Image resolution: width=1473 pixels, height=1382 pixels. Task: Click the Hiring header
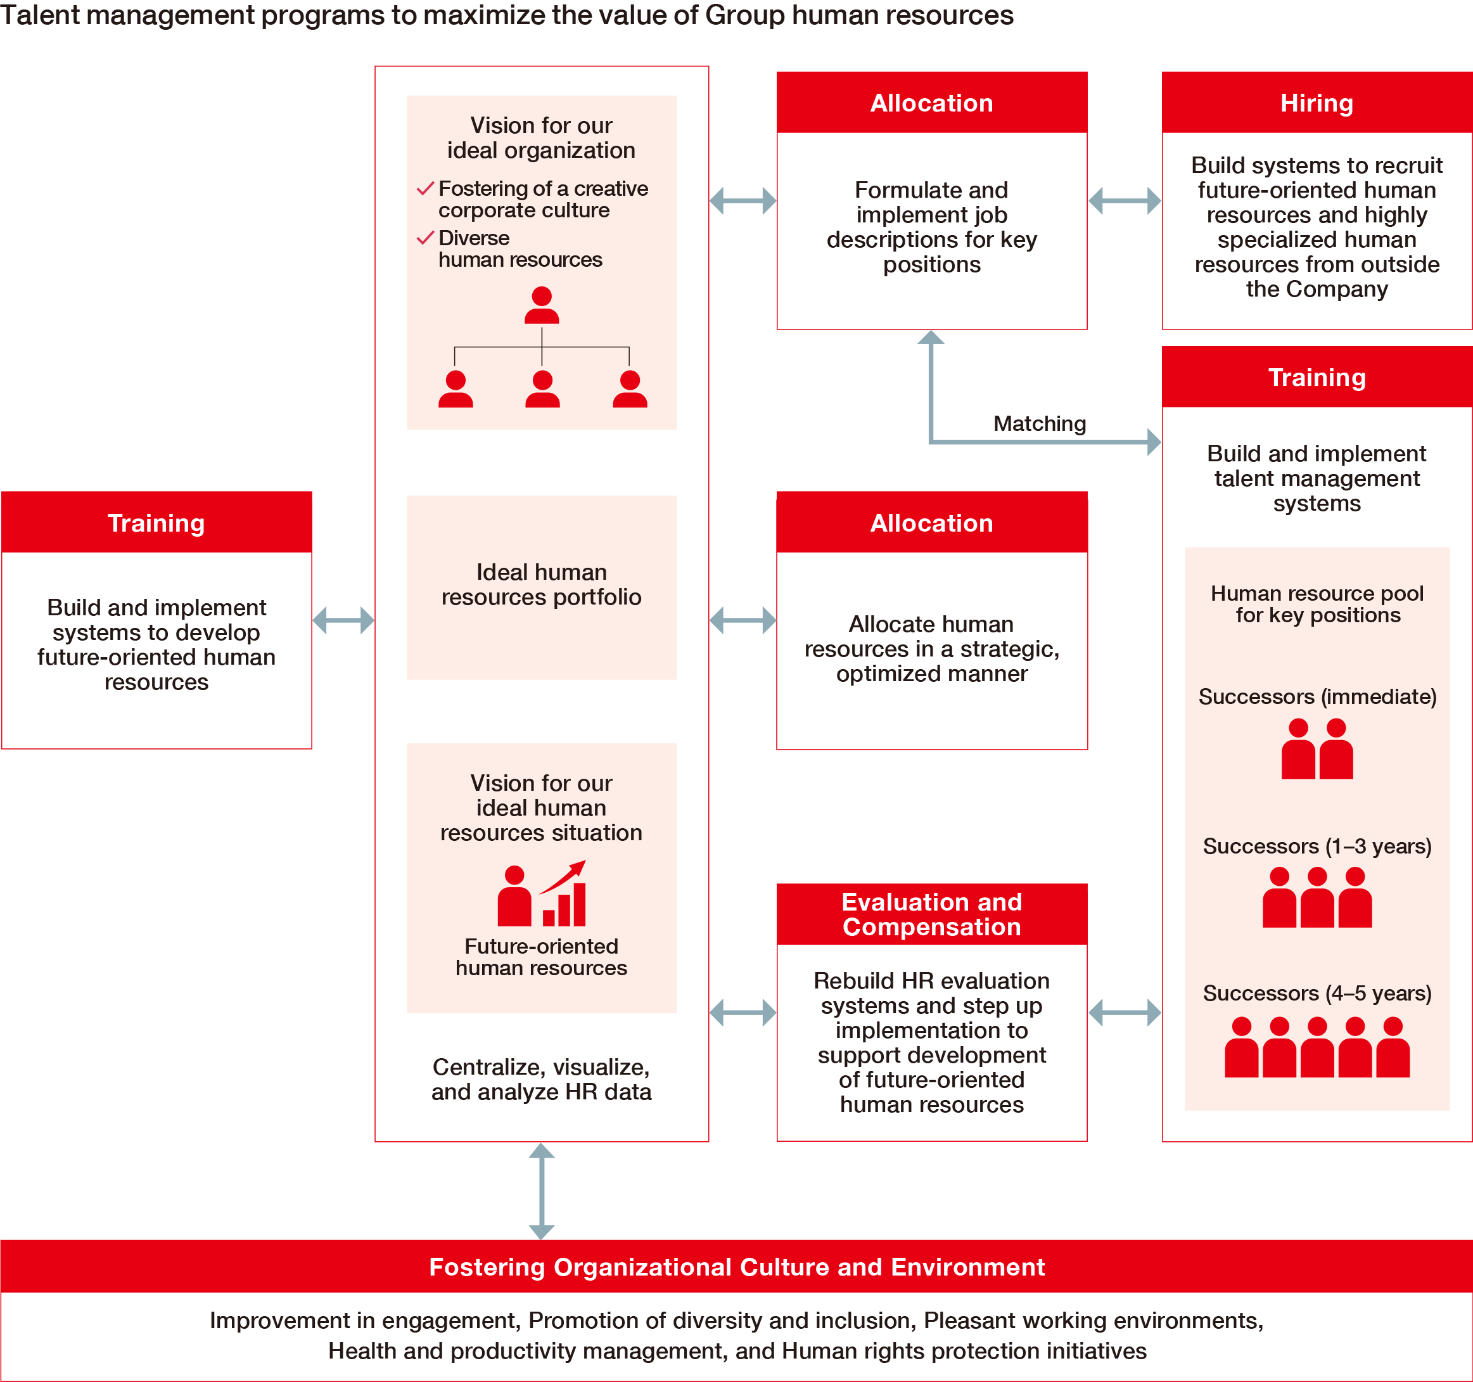(1316, 103)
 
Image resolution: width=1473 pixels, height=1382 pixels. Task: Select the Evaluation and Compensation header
(931, 914)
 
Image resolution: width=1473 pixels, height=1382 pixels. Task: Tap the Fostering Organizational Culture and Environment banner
(736, 1267)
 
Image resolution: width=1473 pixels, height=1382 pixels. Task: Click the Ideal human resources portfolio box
(541, 585)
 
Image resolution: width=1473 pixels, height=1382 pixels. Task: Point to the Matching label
(1039, 424)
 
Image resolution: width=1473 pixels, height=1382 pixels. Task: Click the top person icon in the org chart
(542, 305)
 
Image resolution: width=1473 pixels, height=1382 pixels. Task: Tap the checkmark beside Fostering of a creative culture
(424, 189)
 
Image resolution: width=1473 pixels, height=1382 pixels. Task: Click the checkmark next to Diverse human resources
(424, 238)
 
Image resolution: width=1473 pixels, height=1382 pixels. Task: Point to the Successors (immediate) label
(1317, 696)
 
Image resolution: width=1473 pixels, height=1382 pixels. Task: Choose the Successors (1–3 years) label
(1317, 845)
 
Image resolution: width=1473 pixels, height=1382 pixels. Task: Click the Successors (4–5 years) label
(1317, 993)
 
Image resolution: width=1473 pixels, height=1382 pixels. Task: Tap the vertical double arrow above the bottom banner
(542, 1190)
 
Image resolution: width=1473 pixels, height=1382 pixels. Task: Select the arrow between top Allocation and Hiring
(1124, 201)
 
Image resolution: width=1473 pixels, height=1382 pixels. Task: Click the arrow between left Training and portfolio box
(343, 620)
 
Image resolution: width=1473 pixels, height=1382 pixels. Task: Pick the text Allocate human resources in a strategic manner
(931, 648)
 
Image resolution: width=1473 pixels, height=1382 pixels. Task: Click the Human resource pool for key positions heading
(1317, 604)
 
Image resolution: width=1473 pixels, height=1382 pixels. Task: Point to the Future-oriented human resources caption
(541, 957)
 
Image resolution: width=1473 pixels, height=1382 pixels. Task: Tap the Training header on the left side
(156, 523)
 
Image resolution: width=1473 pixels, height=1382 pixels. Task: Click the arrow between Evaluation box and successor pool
(1124, 1012)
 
